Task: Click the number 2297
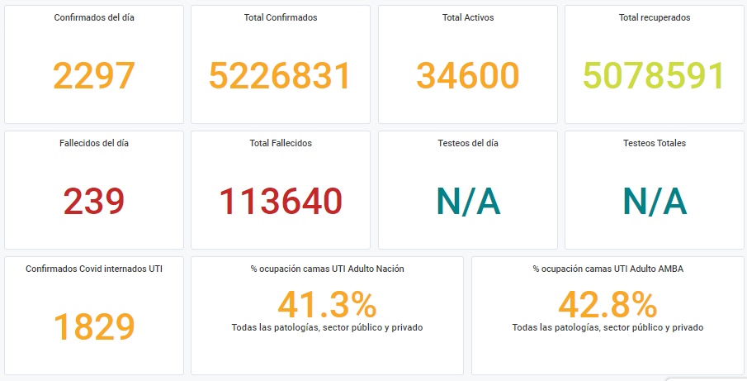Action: point(94,76)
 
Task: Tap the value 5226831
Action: point(280,76)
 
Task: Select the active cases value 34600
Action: point(468,76)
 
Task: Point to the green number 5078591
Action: point(653,76)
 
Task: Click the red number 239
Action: point(94,202)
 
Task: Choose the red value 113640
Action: point(281,202)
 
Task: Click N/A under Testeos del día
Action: point(468,202)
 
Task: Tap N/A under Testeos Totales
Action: point(654,202)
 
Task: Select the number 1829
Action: point(94,326)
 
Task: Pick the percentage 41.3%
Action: point(327,306)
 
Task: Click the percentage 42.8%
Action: point(608,306)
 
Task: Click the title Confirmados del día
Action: point(94,17)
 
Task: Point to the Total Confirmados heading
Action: point(281,17)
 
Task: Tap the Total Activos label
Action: point(468,17)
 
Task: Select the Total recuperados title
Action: point(655,17)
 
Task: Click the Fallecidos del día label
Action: point(94,143)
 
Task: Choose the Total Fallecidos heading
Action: point(281,143)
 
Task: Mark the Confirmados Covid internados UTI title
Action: point(94,269)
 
